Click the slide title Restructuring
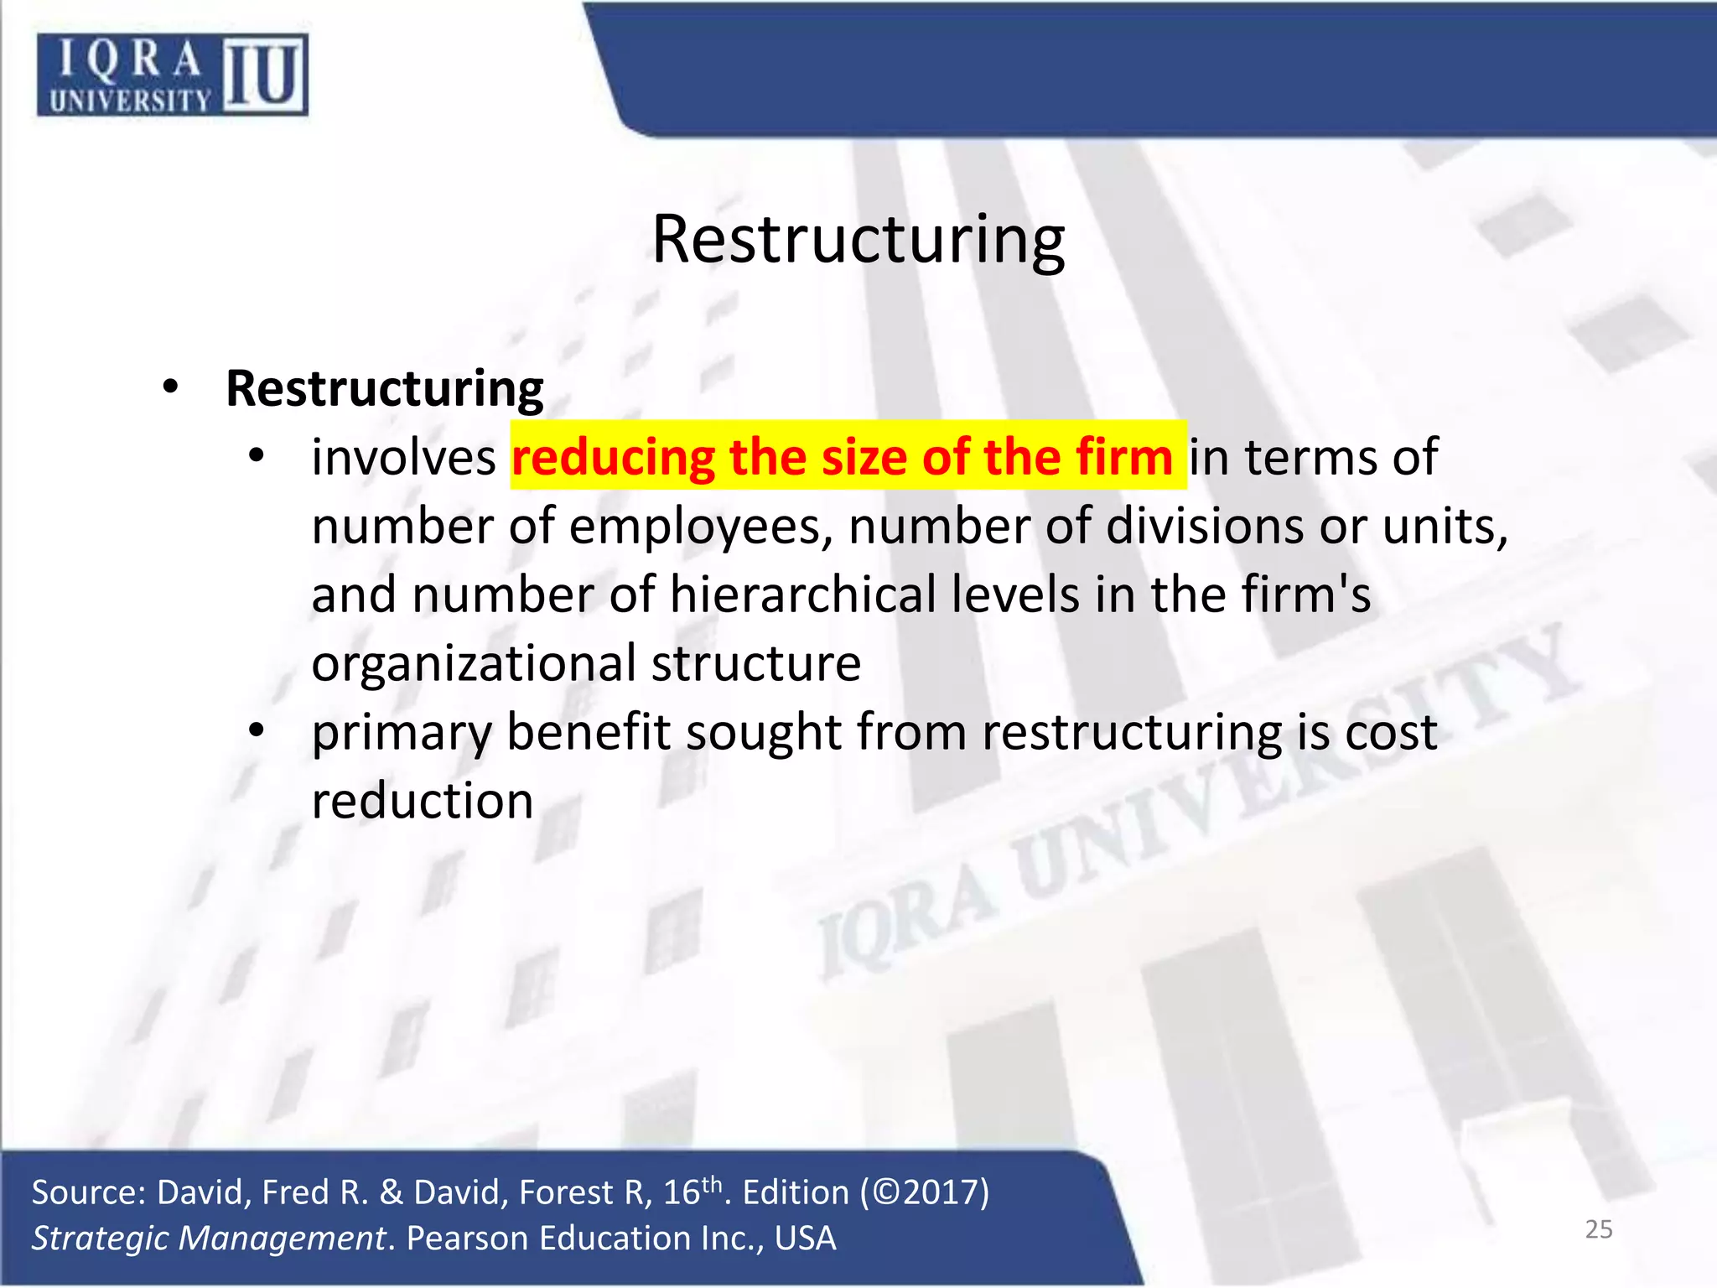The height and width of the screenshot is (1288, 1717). [858, 240]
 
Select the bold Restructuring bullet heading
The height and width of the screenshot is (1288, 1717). [385, 389]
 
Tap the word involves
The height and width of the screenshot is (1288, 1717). [404, 458]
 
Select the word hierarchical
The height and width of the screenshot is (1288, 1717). [802, 595]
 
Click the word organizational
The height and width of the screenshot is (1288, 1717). [474, 664]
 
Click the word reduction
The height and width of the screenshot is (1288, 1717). [423, 801]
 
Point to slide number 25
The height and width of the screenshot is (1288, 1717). [1598, 1229]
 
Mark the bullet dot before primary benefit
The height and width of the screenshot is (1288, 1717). [257, 730]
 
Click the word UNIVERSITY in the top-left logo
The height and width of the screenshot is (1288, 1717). [130, 101]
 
